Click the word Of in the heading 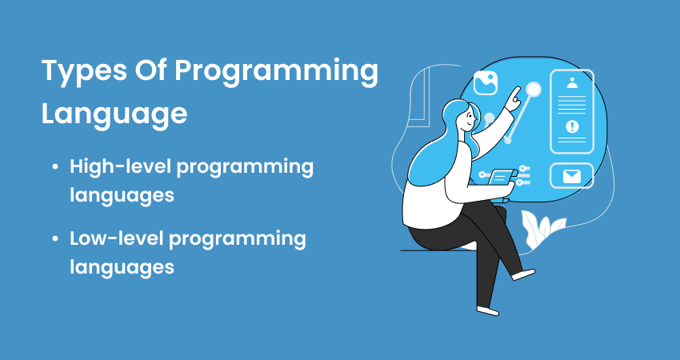[147, 72]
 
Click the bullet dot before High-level [54, 167]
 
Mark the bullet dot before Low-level [54, 238]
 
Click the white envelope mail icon [571, 176]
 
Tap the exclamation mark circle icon [571, 126]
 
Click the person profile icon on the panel [571, 83]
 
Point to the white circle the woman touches [534, 89]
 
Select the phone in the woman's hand [502, 177]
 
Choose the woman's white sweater [428, 200]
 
